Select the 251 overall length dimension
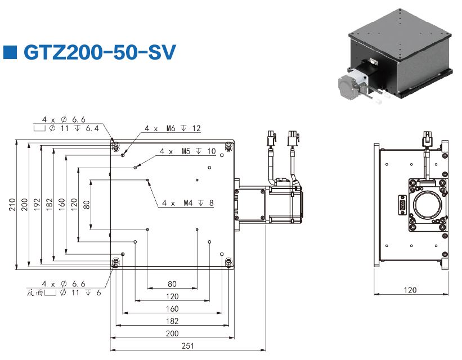point(187,345)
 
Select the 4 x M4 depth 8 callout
point(187,202)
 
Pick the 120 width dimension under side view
point(411,290)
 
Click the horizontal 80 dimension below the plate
point(172,284)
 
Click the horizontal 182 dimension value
point(172,321)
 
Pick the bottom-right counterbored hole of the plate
point(228,263)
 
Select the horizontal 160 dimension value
point(172,309)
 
